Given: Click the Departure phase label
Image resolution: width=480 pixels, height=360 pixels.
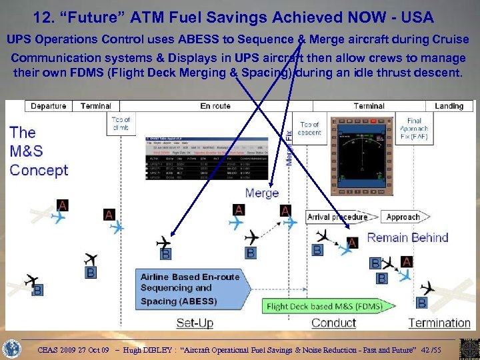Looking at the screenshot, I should [x=49, y=106].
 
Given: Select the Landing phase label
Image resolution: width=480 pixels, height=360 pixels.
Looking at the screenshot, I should [x=449, y=106].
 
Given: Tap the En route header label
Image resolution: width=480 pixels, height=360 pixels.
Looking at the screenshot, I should [x=215, y=106].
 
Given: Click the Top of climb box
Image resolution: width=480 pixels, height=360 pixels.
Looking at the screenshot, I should [x=121, y=123].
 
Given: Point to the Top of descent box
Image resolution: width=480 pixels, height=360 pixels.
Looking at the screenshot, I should [x=310, y=129].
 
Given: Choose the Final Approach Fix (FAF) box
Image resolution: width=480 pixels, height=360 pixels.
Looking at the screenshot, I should [x=414, y=129].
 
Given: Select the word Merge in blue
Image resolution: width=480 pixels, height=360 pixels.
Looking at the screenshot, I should [x=262, y=193].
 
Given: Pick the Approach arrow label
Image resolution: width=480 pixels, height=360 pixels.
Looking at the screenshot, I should [x=403, y=217].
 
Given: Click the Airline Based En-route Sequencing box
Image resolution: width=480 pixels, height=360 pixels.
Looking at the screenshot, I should [x=190, y=289].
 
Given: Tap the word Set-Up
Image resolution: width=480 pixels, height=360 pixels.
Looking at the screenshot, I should [x=195, y=323].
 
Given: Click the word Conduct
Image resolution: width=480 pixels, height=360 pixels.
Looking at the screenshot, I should [x=333, y=323].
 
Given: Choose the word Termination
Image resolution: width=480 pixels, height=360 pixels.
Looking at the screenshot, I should [x=439, y=323].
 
